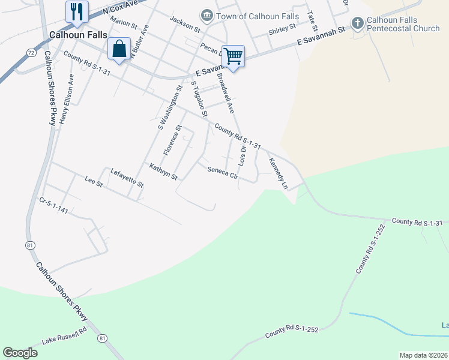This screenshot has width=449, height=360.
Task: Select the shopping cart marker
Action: click(233, 56)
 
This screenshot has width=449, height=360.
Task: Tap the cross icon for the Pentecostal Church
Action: click(357, 23)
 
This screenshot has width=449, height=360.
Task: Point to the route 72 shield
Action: click(31, 53)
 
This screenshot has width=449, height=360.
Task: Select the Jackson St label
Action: click(184, 23)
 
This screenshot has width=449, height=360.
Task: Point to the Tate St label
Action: click(311, 21)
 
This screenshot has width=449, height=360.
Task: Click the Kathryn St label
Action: click(164, 172)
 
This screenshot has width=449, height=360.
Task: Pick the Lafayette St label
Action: click(127, 178)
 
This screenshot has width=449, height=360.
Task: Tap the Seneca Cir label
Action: click(223, 173)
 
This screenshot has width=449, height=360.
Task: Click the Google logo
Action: click(20, 353)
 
